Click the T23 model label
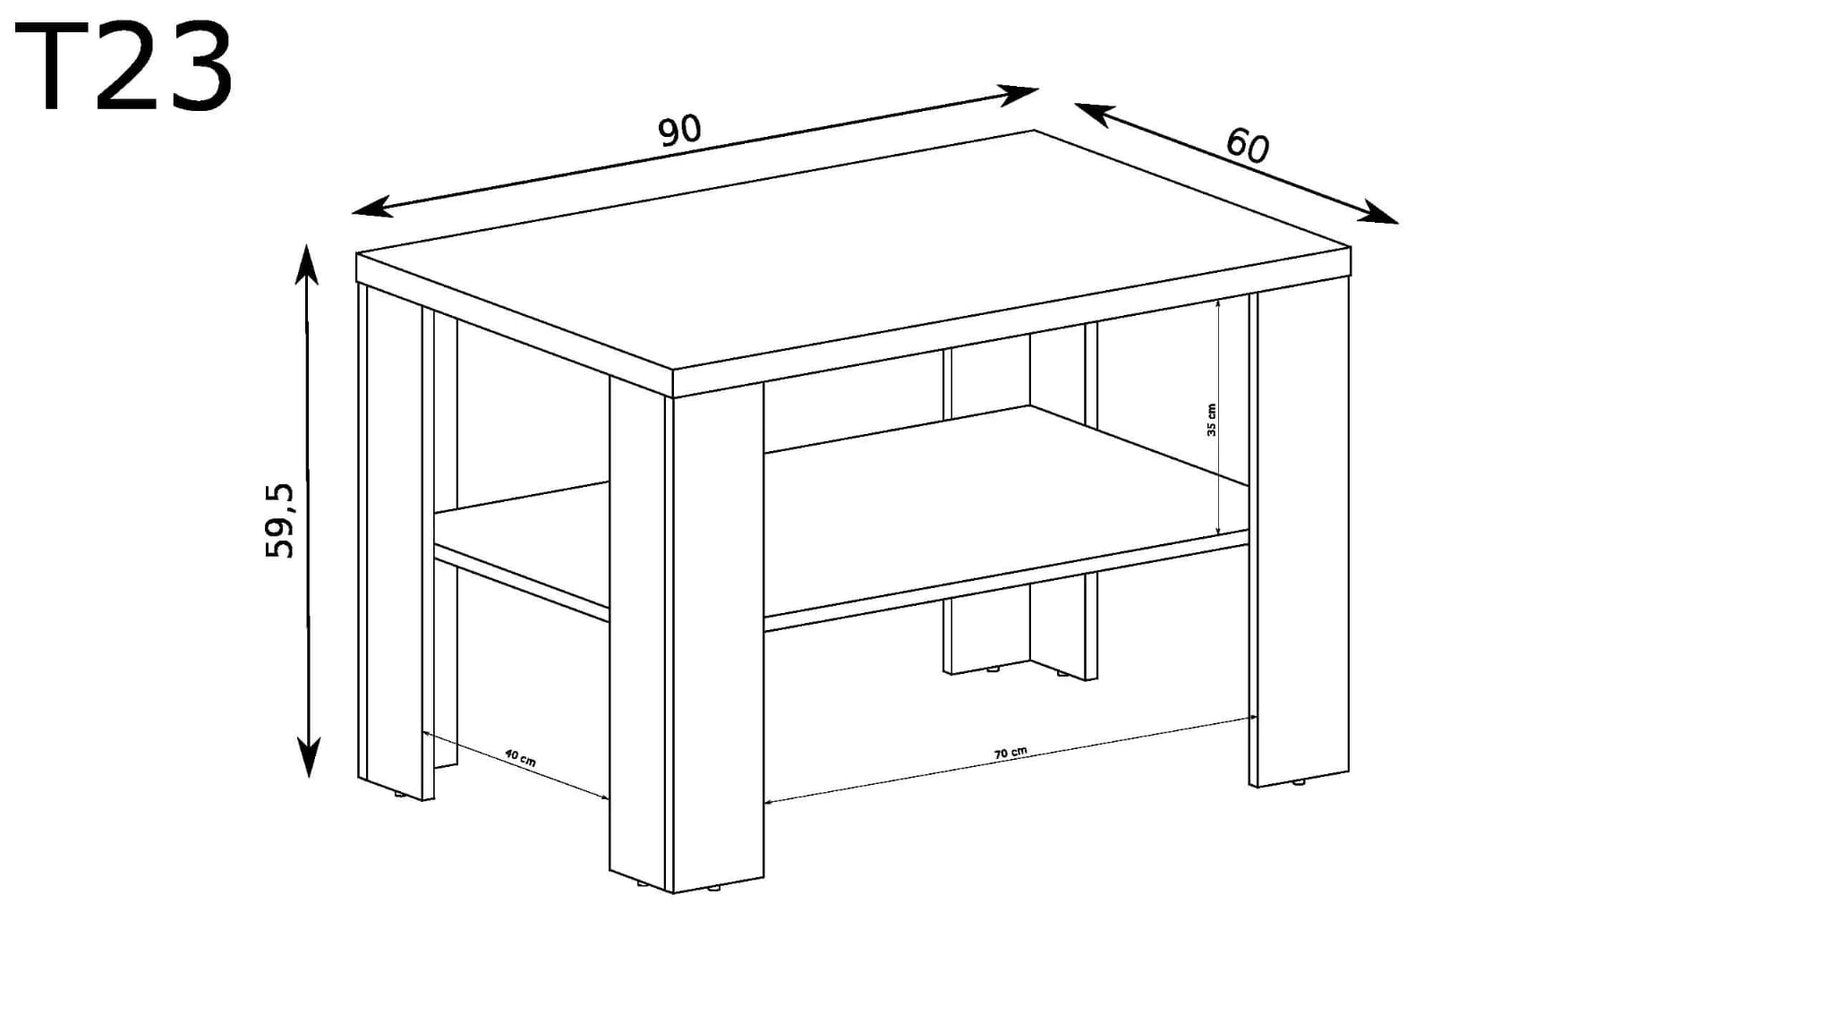tap(124, 67)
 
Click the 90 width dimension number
tap(680, 131)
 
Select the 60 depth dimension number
tap(1247, 146)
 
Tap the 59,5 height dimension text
tap(279, 521)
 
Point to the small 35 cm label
tap(1212, 420)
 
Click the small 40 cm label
tap(520, 758)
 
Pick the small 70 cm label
tap(1010, 753)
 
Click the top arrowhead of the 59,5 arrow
tap(307, 263)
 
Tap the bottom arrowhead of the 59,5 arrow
tap(309, 757)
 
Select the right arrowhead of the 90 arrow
tap(1019, 94)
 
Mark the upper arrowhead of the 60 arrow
tap(1095, 112)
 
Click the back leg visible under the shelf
tap(1020, 626)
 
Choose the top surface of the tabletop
tap(854, 251)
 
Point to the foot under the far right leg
tap(1298, 782)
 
